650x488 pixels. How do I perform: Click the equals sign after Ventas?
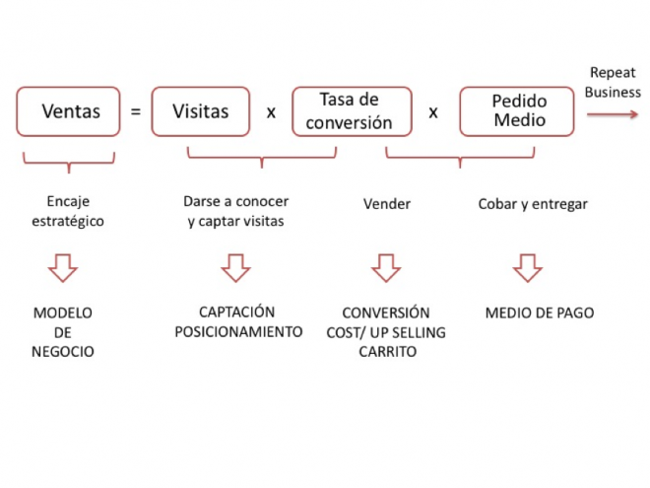(x=136, y=111)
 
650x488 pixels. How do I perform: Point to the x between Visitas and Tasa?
(x=271, y=112)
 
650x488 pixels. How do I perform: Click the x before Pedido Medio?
(x=433, y=112)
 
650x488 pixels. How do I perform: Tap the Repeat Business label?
(x=613, y=82)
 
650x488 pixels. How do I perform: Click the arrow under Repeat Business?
(x=613, y=114)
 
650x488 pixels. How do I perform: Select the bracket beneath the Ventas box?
(x=69, y=163)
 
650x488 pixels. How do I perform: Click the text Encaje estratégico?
(x=68, y=211)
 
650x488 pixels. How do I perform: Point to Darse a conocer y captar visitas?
(x=236, y=211)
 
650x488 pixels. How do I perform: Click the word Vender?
(x=387, y=204)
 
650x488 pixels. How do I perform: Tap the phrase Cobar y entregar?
(x=533, y=205)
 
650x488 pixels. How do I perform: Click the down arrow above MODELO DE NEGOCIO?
(x=63, y=268)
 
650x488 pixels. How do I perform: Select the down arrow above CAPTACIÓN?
(x=236, y=268)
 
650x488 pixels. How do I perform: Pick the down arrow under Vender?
(x=386, y=268)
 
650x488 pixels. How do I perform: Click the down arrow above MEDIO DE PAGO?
(x=528, y=268)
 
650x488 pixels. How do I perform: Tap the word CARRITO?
(x=388, y=352)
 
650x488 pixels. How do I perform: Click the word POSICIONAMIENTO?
(x=238, y=332)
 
